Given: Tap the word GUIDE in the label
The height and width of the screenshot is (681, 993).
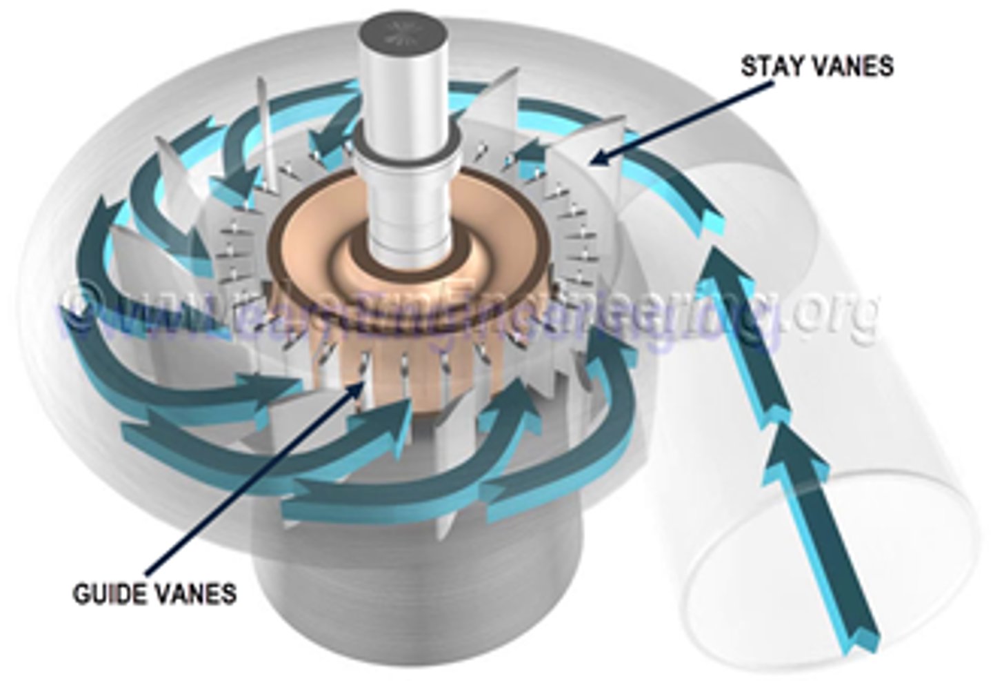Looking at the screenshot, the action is [106, 593].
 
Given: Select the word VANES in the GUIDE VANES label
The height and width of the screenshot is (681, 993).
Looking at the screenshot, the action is [193, 593].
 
